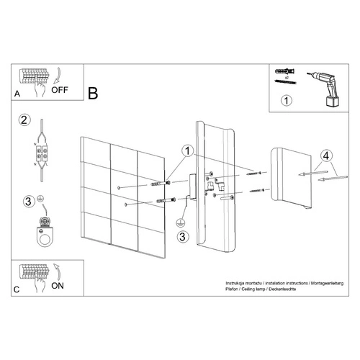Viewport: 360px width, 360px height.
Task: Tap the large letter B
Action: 92,93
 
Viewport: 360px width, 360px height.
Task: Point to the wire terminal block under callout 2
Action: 42,153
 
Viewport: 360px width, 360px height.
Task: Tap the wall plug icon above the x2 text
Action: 283,72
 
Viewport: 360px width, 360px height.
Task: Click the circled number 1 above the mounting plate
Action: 187,152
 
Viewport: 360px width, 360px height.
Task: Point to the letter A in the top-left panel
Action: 17,94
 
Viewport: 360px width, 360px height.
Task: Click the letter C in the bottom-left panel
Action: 17,289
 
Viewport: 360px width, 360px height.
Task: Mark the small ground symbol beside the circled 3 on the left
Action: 41,198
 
